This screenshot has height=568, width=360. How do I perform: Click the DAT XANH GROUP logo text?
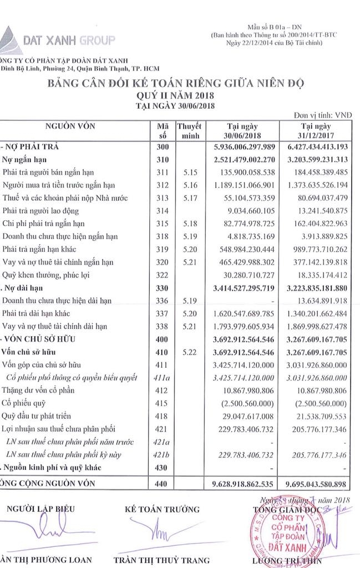tap(69, 39)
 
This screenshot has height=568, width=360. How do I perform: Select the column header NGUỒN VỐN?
tap(72, 126)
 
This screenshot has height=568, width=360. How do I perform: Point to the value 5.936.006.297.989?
tap(245, 147)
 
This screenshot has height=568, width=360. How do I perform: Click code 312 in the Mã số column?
tap(163, 184)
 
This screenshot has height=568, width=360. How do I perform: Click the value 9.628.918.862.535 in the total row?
tap(245, 485)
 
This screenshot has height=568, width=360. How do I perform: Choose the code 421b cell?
tap(163, 455)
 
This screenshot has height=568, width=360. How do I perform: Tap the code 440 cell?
tap(163, 485)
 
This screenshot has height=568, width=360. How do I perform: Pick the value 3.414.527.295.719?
tap(245, 288)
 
